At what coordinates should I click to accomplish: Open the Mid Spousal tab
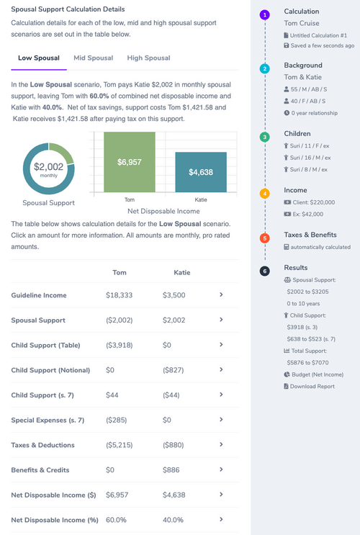pos(92,58)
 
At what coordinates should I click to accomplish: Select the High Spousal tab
pos(148,58)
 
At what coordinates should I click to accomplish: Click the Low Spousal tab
pos(39,58)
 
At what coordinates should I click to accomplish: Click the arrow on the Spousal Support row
pos(221,320)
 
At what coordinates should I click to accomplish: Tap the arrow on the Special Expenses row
pos(221,420)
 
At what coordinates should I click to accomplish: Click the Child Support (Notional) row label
pos(50,370)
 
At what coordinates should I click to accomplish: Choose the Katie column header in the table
pos(182,273)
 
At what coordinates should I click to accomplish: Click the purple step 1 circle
pos(265,14)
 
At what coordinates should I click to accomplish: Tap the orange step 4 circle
pos(265,193)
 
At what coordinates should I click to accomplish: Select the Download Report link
pos(312,386)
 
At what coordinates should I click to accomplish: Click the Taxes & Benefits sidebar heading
pos(310,235)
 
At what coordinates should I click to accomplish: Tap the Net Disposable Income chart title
pos(163,211)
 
